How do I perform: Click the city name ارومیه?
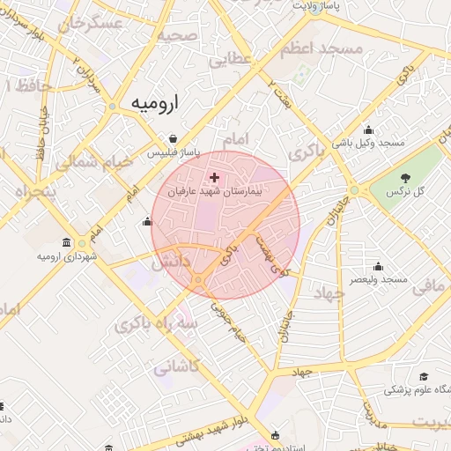[154, 103]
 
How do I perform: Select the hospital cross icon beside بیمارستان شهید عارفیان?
[214, 177]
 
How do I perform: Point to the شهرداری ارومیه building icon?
[67, 243]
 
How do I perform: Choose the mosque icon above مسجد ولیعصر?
[379, 266]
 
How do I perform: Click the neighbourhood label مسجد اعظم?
[330, 50]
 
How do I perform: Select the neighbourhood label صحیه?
[177, 36]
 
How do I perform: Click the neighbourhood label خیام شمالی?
[94, 163]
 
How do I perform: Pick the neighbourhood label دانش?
[171, 262]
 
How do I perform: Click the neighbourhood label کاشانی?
[177, 367]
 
